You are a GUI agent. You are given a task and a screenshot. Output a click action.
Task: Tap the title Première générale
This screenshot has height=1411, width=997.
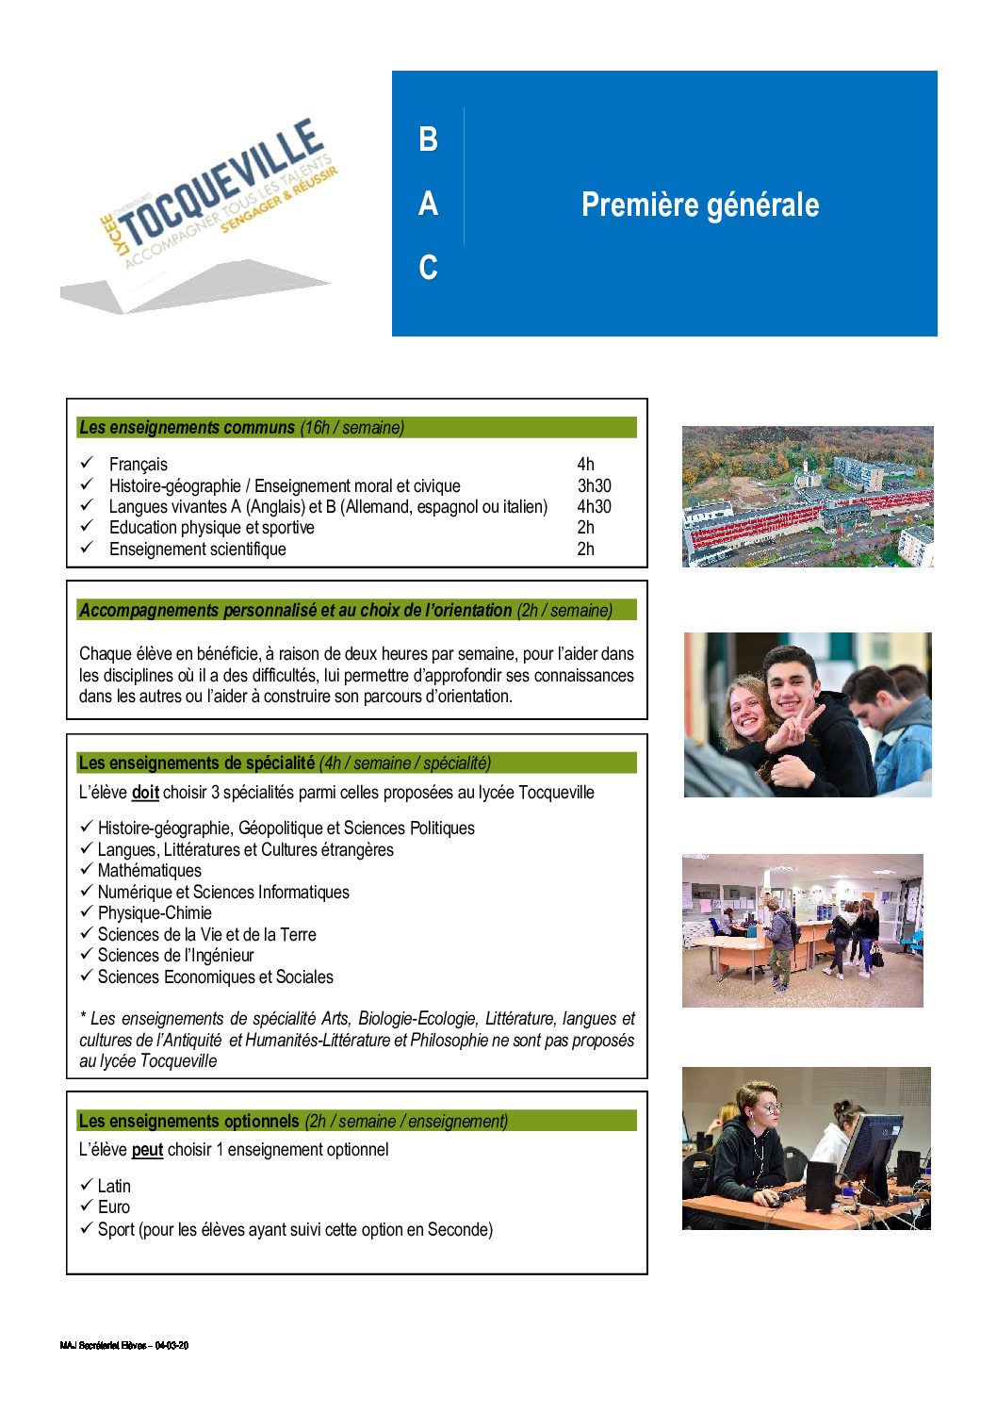(x=699, y=205)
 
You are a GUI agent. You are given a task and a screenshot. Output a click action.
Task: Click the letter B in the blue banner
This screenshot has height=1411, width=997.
(x=428, y=139)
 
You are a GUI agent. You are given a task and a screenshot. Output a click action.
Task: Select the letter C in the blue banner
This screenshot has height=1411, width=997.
(x=428, y=268)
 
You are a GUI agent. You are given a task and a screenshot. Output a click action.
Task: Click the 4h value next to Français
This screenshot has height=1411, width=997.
(x=585, y=464)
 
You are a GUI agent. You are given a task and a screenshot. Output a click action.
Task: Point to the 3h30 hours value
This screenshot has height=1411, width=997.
(x=594, y=485)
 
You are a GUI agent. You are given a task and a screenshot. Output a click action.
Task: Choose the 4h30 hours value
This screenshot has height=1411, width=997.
(x=594, y=506)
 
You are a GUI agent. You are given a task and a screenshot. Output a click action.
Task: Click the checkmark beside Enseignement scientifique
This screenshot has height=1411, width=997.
(x=87, y=548)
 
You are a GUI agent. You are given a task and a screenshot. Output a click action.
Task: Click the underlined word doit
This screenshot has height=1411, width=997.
(x=145, y=793)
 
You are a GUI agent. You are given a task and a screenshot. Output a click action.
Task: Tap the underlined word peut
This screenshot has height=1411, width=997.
(x=147, y=1150)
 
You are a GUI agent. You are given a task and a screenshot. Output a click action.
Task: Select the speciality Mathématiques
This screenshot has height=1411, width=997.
(x=149, y=871)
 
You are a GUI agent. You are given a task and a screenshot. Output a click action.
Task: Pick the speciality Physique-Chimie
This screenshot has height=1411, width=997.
(x=155, y=913)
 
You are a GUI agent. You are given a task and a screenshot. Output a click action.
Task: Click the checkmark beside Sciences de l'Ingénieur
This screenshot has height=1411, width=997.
(x=86, y=955)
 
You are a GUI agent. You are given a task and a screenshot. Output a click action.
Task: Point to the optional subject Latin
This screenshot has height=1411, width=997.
(x=114, y=1186)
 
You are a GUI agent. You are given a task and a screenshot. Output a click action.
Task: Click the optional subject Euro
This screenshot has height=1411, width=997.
(x=114, y=1207)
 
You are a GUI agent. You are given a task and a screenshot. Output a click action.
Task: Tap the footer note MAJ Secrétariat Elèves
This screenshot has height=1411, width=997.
(x=123, y=1345)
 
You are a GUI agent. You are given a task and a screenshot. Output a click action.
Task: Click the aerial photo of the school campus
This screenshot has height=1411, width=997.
(x=808, y=497)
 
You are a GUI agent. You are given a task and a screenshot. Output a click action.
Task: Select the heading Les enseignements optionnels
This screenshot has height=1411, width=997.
(x=188, y=1121)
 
